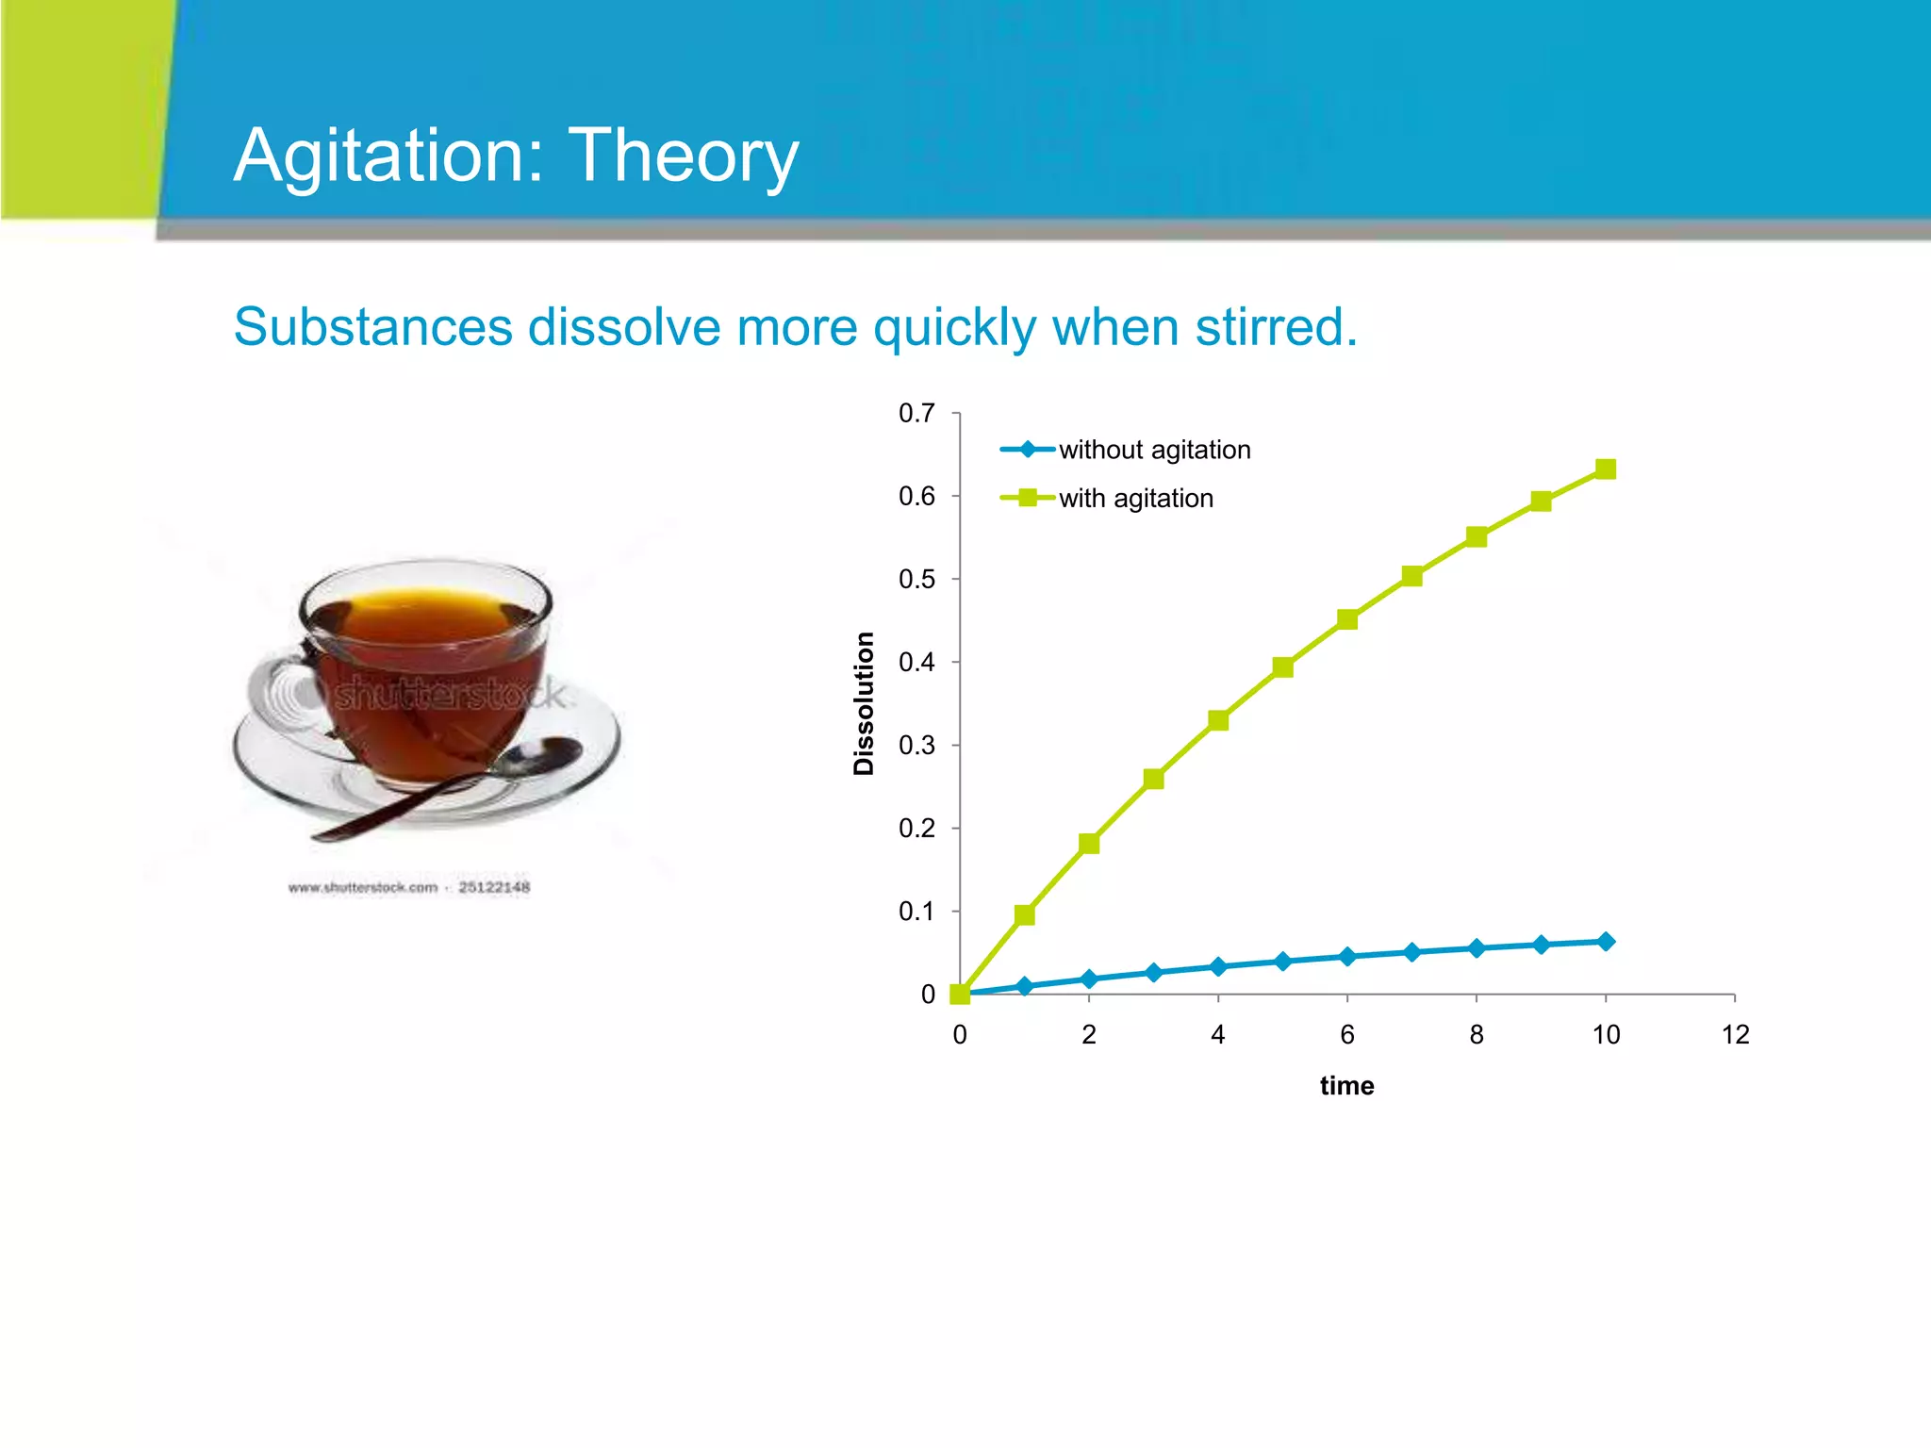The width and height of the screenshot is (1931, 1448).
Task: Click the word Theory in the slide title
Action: tap(684, 156)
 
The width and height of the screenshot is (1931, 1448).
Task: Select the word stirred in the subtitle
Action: tap(1276, 327)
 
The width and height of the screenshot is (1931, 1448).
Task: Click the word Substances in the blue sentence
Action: tap(372, 327)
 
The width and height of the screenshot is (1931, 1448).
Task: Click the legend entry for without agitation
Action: tap(1153, 450)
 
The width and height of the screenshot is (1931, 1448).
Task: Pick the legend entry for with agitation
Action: tap(1135, 498)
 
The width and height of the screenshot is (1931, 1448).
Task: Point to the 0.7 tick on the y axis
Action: tap(916, 413)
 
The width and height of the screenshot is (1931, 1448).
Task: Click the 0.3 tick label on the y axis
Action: tap(916, 746)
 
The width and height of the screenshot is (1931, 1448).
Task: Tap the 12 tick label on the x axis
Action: tap(1735, 1035)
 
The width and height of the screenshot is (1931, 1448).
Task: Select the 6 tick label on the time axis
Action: tap(1346, 1035)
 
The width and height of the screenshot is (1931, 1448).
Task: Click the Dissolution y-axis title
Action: tap(864, 703)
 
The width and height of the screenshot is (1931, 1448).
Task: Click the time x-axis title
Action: tap(1346, 1086)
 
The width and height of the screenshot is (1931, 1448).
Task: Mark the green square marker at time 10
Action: tap(1606, 469)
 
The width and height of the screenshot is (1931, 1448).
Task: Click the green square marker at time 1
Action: tap(1025, 914)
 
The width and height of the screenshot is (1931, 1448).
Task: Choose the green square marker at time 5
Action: tap(1282, 667)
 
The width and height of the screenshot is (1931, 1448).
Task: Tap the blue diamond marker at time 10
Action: tap(1606, 941)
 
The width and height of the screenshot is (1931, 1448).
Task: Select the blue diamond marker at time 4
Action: tap(1218, 966)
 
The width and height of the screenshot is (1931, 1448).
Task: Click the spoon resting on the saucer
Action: tap(453, 788)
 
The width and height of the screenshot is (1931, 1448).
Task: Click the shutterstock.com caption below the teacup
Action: tap(409, 887)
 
